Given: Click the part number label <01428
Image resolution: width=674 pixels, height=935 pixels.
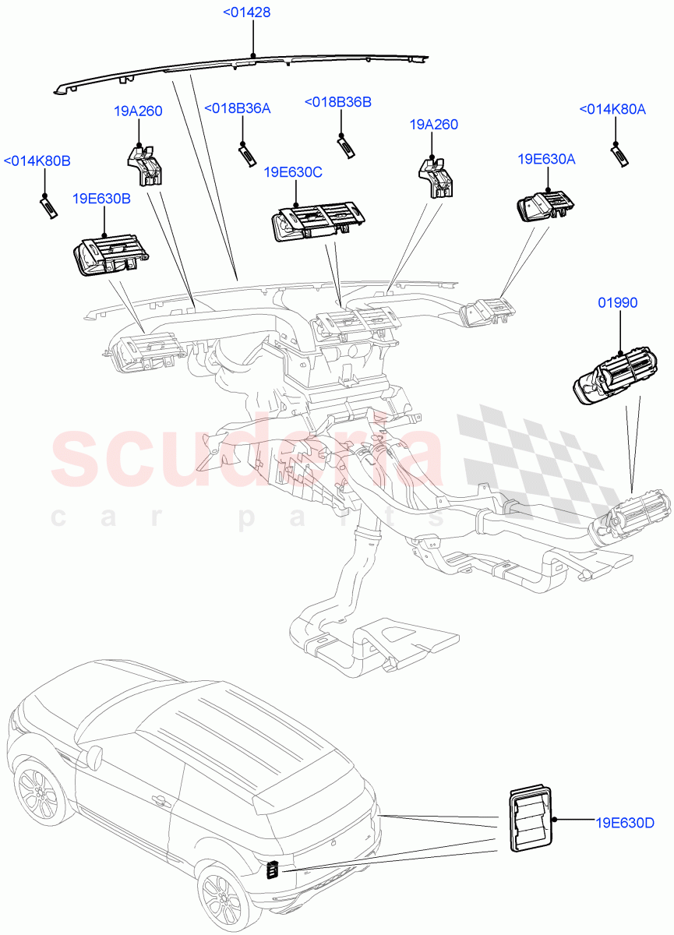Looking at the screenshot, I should point(246,12).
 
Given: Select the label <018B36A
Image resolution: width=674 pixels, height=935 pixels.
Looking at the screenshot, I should point(237,108).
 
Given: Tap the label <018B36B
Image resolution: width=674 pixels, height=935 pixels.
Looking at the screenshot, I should point(337,102).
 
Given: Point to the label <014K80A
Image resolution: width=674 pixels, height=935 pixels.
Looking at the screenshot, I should point(612,110).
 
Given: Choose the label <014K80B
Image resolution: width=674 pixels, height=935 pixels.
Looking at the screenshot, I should point(37,161).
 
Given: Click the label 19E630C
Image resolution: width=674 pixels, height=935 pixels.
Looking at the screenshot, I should point(293,172).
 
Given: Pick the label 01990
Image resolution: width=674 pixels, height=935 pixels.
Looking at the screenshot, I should point(617,302).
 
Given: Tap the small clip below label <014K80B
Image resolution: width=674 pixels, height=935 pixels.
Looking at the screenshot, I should point(48,209).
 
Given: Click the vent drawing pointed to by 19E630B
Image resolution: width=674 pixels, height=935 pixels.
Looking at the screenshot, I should point(110,256).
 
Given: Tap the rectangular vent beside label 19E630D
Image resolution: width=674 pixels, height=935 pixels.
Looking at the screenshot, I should point(530,820).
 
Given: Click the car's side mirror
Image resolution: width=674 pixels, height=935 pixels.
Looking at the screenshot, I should point(94,755).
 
